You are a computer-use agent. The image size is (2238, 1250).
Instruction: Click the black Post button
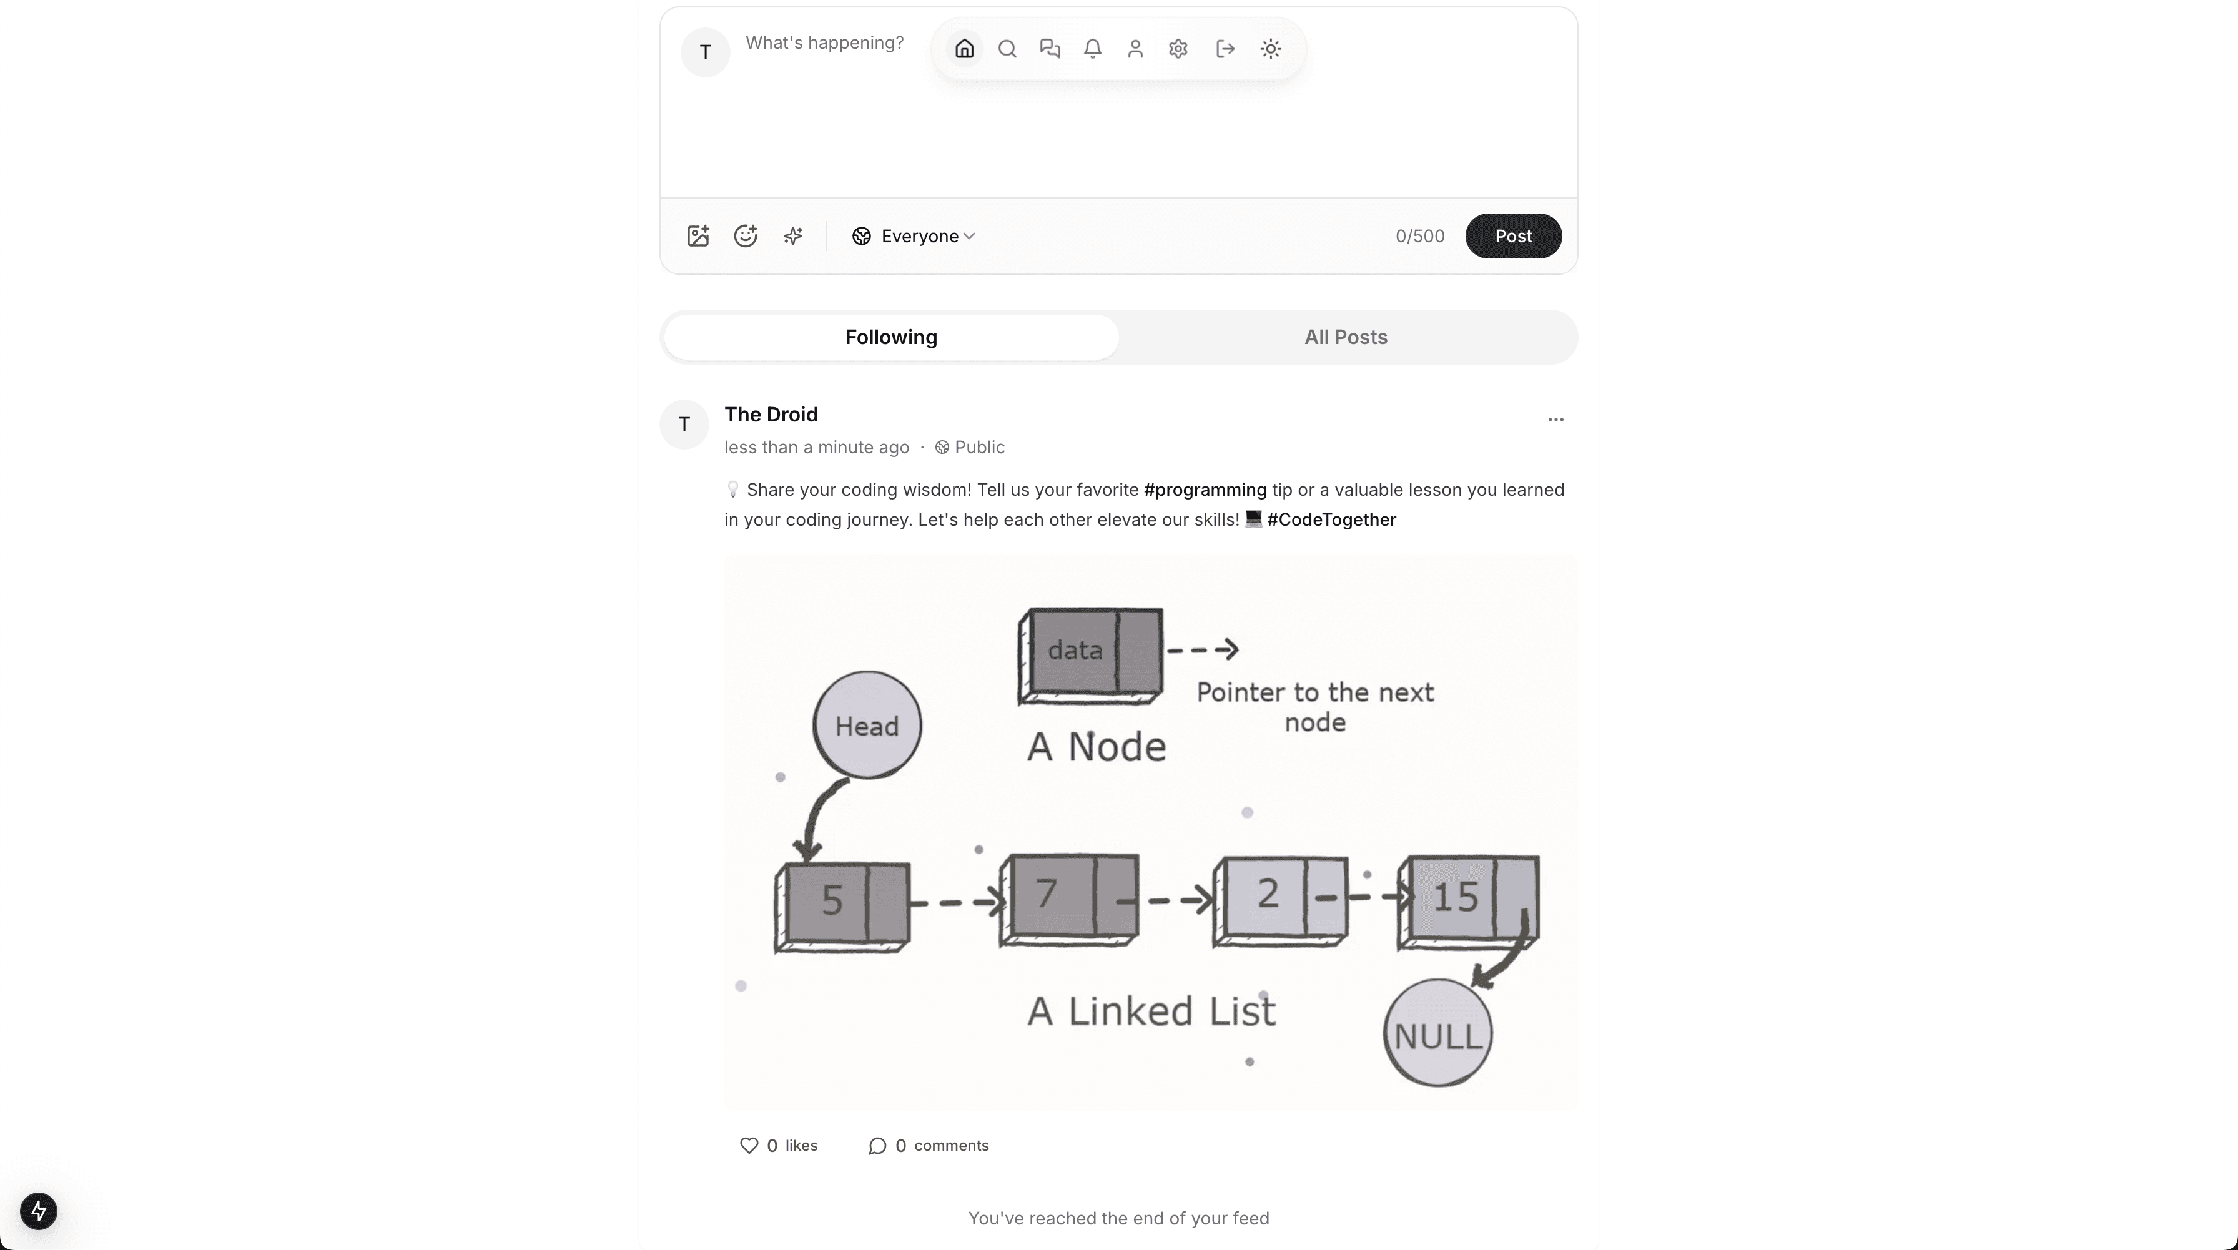coord(1512,236)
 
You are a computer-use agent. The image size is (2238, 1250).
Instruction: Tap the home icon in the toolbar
coord(964,49)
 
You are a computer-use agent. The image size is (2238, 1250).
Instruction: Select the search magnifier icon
coord(1007,49)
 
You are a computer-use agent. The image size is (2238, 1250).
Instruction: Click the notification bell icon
coord(1093,49)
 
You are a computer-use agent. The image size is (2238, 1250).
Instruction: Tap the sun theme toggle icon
coord(1270,49)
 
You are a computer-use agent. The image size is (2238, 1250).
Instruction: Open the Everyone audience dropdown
coord(914,236)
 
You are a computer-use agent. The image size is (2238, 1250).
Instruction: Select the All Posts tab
coord(1346,337)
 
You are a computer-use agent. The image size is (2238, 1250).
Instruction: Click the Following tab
coord(891,337)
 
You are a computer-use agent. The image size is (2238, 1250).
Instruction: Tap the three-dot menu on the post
coord(1555,420)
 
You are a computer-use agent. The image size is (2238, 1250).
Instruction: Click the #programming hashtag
coord(1205,490)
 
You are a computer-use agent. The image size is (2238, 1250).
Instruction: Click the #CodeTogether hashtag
coord(1331,519)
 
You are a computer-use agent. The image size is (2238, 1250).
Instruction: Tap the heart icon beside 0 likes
coord(749,1146)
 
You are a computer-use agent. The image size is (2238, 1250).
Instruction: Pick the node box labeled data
coord(1090,653)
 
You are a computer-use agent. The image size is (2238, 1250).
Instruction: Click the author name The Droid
coord(771,415)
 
